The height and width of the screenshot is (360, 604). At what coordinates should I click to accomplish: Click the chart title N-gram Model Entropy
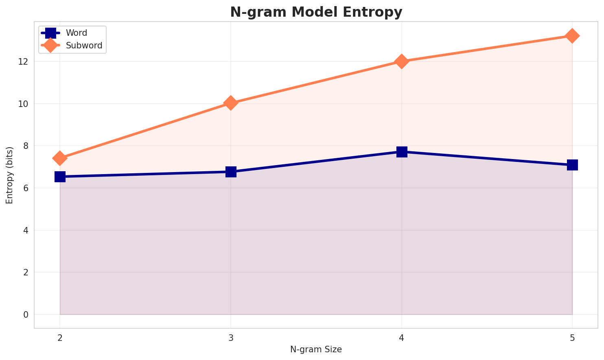pyautogui.click(x=316, y=12)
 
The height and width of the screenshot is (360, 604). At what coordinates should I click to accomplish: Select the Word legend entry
pyautogui.click(x=76, y=33)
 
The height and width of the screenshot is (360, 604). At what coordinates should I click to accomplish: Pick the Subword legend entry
pyautogui.click(x=84, y=46)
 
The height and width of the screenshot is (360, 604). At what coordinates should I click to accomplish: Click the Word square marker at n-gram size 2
pyautogui.click(x=60, y=177)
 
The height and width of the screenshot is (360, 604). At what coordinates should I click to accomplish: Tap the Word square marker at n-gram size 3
pyautogui.click(x=231, y=172)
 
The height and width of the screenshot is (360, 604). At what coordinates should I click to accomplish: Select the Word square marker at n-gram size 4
pyautogui.click(x=402, y=152)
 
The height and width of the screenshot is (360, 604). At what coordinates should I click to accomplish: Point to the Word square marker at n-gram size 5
pyautogui.click(x=572, y=165)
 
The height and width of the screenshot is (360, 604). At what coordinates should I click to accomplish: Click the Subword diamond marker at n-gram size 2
pyautogui.click(x=60, y=158)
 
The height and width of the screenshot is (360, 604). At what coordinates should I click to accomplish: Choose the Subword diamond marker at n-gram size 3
pyautogui.click(x=231, y=103)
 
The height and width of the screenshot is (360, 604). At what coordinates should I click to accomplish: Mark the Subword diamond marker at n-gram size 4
pyautogui.click(x=402, y=61)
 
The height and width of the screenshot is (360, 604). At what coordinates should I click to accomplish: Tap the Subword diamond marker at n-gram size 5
pyautogui.click(x=572, y=36)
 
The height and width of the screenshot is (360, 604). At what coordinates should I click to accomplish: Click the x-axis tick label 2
pyautogui.click(x=60, y=338)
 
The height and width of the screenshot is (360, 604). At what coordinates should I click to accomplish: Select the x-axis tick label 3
pyautogui.click(x=231, y=338)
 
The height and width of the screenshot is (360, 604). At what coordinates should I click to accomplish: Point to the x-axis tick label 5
pyautogui.click(x=572, y=338)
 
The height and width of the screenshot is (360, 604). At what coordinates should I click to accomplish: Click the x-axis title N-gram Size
pyautogui.click(x=316, y=349)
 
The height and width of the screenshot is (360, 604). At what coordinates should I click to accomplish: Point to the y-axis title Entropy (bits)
pyautogui.click(x=9, y=175)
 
